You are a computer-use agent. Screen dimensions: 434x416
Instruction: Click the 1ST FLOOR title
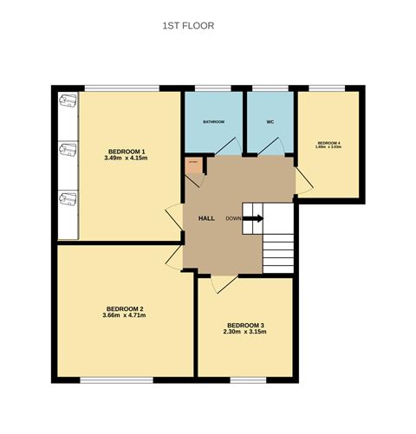tap(188, 26)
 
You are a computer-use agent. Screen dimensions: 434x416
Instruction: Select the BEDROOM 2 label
tap(125, 308)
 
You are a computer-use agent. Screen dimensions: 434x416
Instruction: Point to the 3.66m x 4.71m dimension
tap(125, 316)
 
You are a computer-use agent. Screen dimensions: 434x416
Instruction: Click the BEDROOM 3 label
tap(244, 325)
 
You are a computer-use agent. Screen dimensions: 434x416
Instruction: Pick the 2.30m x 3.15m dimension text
tap(244, 333)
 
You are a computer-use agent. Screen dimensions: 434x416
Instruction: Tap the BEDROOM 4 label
tap(329, 143)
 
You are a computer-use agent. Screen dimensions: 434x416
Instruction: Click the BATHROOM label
tap(214, 122)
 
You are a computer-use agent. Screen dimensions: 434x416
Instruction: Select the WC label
tap(270, 122)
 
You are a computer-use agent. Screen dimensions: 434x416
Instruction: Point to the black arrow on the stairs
tap(253, 218)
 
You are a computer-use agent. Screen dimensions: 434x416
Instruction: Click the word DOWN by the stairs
tap(233, 218)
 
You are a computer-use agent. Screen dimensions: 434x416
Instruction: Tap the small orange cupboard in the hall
tap(193, 164)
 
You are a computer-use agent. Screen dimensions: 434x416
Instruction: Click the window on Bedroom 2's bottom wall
tap(118, 379)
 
